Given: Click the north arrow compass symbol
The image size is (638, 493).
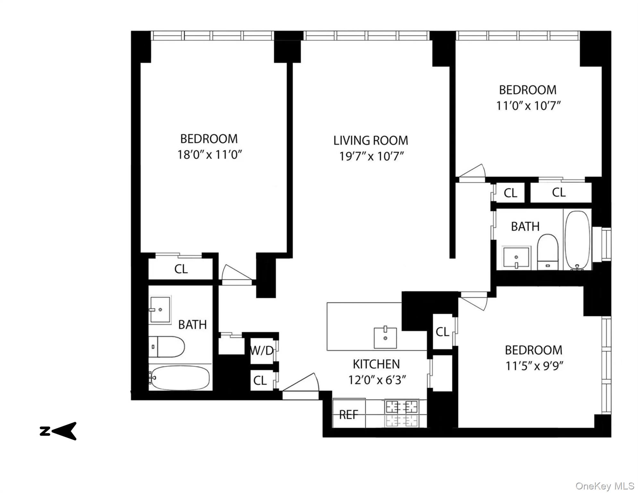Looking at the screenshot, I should (x=58, y=431).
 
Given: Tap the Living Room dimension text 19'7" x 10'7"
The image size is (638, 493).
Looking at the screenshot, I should (x=371, y=156).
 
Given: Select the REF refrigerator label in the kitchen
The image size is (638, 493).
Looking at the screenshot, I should (x=348, y=415).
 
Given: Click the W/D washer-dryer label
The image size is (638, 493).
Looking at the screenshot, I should (x=262, y=351).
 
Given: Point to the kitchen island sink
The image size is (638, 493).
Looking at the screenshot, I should (x=385, y=338).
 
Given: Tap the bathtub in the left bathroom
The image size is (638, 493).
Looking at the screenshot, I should (x=180, y=377).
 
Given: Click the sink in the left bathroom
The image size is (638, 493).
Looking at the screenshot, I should (x=159, y=309).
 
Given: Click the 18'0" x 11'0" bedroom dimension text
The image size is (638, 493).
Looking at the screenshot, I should (x=209, y=155).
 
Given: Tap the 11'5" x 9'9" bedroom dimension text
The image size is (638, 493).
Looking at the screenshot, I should (x=534, y=366).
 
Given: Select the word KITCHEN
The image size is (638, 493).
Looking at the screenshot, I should (x=376, y=364).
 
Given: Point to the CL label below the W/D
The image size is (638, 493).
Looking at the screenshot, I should (x=260, y=381).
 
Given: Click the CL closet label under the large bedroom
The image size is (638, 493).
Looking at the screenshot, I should (x=181, y=269).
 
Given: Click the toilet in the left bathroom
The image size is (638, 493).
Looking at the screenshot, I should (x=167, y=347).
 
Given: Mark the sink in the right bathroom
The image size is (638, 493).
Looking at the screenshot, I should (x=516, y=257).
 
